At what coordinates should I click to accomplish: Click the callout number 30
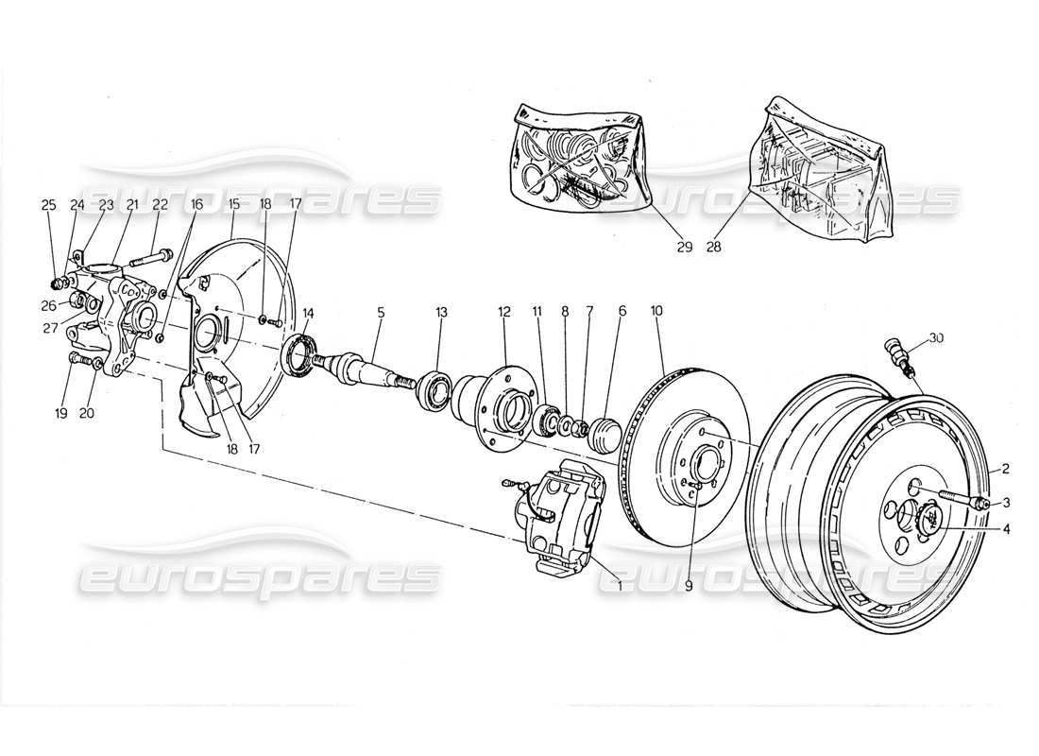(936, 338)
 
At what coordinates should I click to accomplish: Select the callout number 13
(441, 311)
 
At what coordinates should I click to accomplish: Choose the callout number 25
(48, 204)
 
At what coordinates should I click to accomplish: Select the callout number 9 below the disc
(689, 586)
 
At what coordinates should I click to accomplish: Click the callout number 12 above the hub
(504, 311)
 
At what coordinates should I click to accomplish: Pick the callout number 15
(231, 204)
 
